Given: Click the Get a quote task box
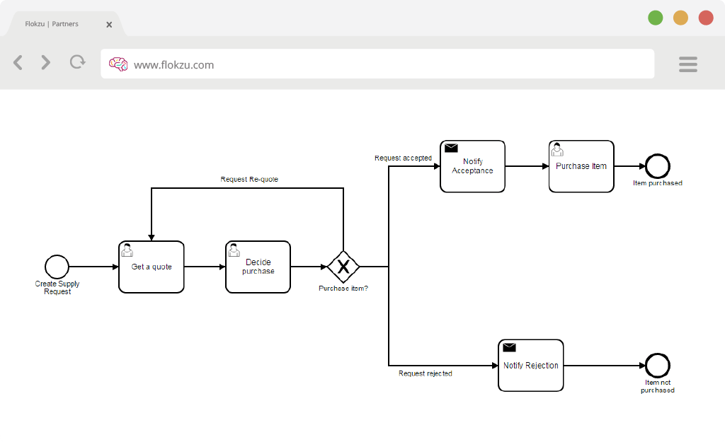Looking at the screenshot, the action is point(152,267).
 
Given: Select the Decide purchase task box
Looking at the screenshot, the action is point(258,267).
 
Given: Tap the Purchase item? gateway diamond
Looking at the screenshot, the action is point(343,267).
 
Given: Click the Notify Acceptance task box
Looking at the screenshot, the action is point(472,166).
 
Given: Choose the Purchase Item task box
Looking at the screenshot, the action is point(581,166).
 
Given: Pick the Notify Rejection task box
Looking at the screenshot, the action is point(531,366).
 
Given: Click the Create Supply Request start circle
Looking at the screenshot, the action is point(57,267).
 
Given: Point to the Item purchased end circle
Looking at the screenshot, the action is point(658,166).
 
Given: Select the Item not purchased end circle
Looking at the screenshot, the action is point(658,366).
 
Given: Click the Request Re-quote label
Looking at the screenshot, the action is point(249,179).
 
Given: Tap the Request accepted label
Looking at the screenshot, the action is point(403,158).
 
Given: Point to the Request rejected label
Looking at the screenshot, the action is point(426,373).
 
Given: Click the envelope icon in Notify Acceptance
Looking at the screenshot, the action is point(451,148).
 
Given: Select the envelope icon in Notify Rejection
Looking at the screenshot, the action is point(509,347).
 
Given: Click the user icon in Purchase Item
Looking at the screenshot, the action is point(557,149).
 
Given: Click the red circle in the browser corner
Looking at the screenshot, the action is point(706,18).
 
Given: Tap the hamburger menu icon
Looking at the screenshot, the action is point(688,64).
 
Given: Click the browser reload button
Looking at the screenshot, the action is point(78,62).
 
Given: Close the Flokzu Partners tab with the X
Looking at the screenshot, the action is point(109,25).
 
